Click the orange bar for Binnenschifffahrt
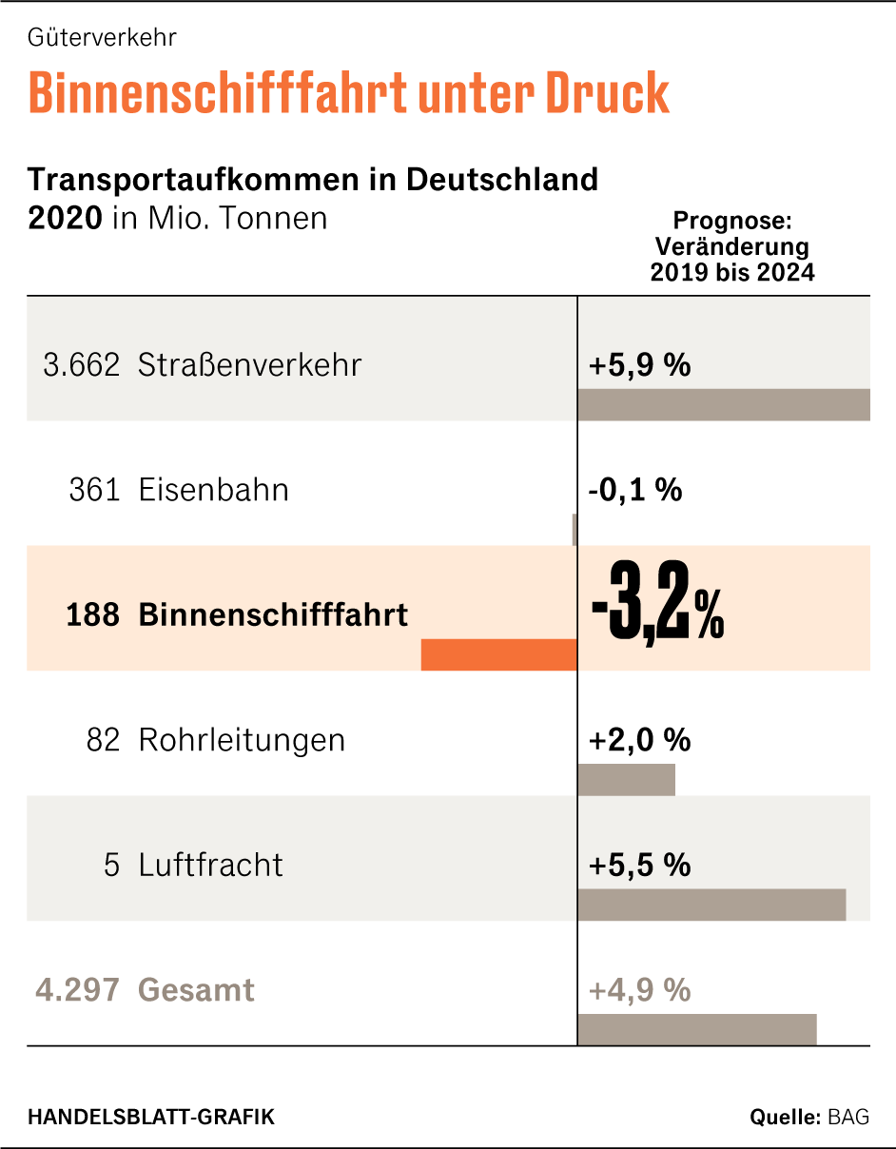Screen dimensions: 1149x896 click(498, 654)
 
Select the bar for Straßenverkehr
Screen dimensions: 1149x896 click(723, 404)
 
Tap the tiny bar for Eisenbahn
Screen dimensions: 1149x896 click(575, 529)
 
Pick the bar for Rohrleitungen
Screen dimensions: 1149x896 click(626, 779)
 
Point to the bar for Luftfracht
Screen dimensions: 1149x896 click(711, 905)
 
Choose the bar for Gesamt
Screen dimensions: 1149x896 click(696, 1029)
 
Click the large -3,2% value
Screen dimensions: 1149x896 click(657, 614)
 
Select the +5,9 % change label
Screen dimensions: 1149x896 click(639, 365)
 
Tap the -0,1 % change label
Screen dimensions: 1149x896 click(634, 491)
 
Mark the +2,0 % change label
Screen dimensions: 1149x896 click(639, 740)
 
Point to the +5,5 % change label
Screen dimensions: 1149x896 click(639, 865)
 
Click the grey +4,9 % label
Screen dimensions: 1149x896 click(639, 990)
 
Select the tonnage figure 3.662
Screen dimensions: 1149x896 click(82, 365)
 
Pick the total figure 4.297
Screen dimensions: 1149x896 click(78, 990)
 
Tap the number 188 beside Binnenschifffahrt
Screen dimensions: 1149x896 click(93, 614)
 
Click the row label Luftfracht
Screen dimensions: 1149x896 click(211, 865)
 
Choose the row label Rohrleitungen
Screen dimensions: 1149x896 click(242, 740)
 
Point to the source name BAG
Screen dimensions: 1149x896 click(849, 1117)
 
